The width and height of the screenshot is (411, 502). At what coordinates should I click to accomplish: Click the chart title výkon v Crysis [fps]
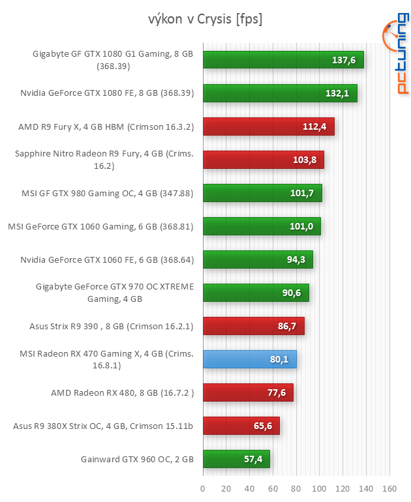(x=205, y=20)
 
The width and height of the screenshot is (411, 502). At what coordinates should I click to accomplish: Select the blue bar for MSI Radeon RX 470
(x=249, y=359)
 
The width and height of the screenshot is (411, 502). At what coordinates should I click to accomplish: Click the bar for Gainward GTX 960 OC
(x=236, y=459)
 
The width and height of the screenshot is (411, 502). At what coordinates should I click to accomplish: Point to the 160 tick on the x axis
(x=389, y=489)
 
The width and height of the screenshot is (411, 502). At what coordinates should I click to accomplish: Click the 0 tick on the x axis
(x=203, y=489)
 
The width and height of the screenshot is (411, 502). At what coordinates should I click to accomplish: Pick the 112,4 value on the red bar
(x=316, y=126)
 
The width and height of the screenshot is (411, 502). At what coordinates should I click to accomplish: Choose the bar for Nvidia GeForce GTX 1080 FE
(x=280, y=93)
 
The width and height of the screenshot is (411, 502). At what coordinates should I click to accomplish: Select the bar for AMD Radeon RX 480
(x=248, y=392)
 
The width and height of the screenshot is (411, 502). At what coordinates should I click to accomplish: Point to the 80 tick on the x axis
(x=296, y=489)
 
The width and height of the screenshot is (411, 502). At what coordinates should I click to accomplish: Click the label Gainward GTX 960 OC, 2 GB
(x=138, y=459)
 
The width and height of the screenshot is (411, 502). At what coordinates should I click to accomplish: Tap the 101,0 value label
(x=302, y=226)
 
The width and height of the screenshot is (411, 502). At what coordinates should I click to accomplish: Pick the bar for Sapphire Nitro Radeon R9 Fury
(x=263, y=160)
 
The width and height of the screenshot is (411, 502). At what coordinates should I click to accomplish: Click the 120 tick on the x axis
(x=343, y=489)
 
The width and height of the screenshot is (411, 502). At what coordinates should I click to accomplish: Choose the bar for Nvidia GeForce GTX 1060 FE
(x=258, y=259)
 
